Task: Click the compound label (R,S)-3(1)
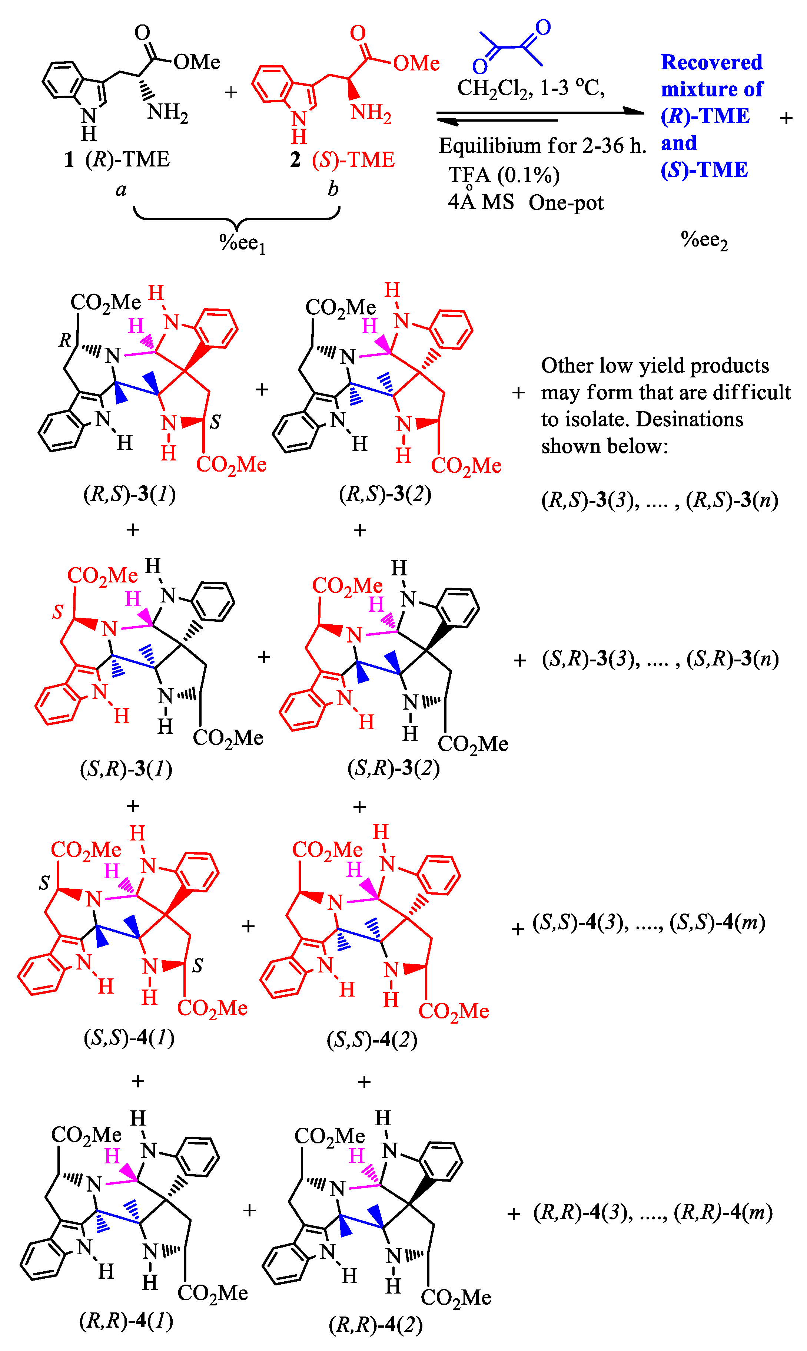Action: click(x=129, y=494)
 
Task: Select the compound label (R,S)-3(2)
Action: click(x=385, y=494)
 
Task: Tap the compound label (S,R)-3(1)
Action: click(x=126, y=769)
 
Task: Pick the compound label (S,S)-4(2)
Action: click(x=372, y=1040)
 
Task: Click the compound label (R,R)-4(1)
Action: click(x=126, y=1321)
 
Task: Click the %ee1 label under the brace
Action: click(x=242, y=243)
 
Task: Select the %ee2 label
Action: click(x=704, y=240)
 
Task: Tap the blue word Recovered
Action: click(x=711, y=63)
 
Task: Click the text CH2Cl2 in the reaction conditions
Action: click(x=494, y=88)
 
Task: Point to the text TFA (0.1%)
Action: click(x=504, y=175)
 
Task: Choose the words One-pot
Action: click(x=566, y=203)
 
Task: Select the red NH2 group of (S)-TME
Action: click(x=371, y=113)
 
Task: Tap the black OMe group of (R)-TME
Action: click(x=197, y=62)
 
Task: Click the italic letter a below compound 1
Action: click(x=121, y=189)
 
